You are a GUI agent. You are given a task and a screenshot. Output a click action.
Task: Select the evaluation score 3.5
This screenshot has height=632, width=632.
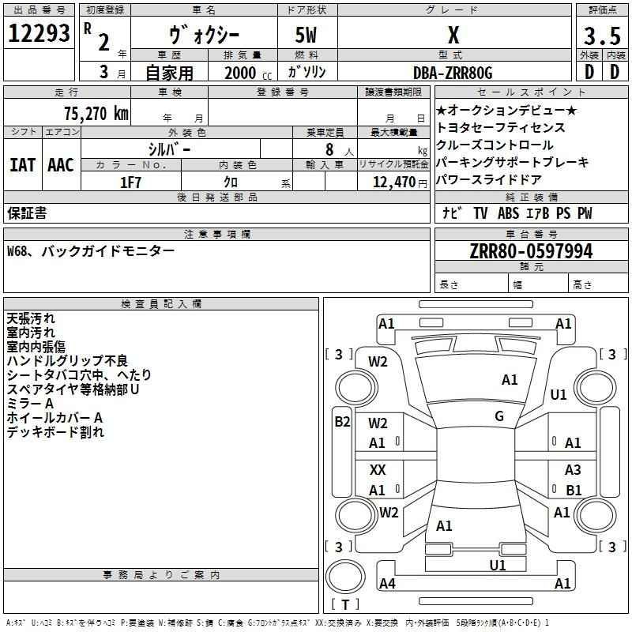pos(601,36)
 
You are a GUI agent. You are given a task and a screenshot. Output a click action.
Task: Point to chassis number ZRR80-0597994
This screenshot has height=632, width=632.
pos(530,251)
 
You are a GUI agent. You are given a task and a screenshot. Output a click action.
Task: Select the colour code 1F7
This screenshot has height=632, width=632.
pos(130,182)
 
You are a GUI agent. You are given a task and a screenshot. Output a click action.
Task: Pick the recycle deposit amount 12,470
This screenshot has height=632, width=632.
pos(392,182)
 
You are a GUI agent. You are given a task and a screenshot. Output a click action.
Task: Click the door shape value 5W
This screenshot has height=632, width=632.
pos(307,36)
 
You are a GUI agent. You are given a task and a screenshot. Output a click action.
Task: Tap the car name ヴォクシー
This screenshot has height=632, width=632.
pos(205,36)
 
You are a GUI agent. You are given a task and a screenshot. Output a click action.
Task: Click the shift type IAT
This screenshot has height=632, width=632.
pos(22,165)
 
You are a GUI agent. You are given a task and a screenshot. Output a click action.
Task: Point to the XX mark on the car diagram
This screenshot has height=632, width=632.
pos(378,470)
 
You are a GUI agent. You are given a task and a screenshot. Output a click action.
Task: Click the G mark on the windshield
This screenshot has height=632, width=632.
pos(499,416)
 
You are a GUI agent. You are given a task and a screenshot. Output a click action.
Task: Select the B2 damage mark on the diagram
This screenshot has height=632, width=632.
pos(341,422)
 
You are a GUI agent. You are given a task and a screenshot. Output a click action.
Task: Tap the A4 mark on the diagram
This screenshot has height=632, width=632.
pos(387,584)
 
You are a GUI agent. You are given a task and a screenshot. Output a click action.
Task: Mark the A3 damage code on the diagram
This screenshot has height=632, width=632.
pos(573,470)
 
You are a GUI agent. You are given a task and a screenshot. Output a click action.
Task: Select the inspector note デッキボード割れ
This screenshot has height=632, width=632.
pos(55,432)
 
